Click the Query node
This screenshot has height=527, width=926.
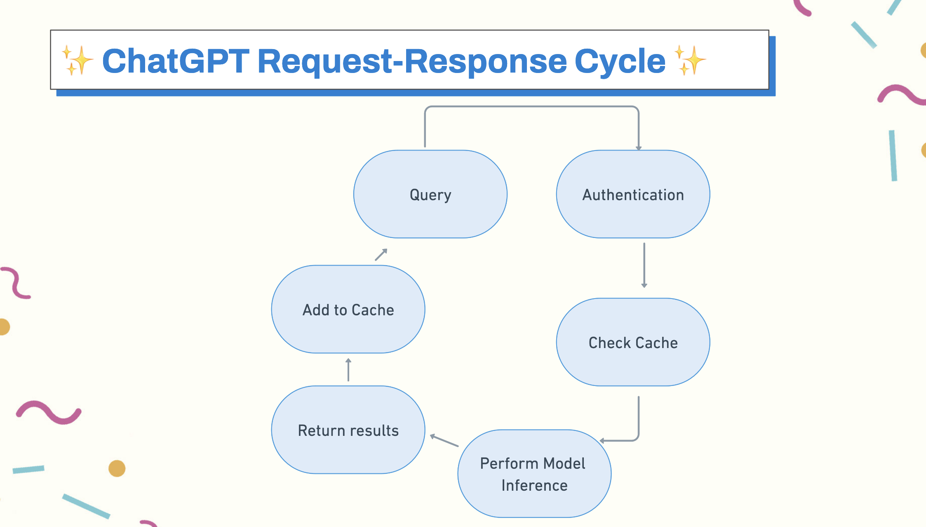tap(430, 194)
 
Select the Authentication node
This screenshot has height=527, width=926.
tap(633, 194)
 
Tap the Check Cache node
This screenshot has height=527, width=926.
tap(633, 342)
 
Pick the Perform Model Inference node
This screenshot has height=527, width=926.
tap(534, 474)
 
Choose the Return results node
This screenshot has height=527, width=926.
tap(348, 430)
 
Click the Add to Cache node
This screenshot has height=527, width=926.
tap(348, 309)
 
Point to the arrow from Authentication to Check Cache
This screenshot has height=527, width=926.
tap(644, 265)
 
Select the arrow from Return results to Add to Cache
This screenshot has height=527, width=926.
tap(348, 369)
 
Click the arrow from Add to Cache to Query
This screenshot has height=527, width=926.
tap(381, 254)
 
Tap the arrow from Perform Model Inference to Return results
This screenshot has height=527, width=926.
tap(444, 440)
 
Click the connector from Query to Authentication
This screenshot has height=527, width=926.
tap(532, 107)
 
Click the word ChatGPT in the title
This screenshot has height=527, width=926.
tap(176, 61)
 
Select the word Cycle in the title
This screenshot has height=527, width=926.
tap(620, 62)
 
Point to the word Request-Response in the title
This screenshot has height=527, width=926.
tap(412, 62)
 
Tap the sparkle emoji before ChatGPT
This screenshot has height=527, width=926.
tap(78, 60)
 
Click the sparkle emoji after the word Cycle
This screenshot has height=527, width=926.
tap(690, 60)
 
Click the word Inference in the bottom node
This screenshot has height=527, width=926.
tap(534, 485)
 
